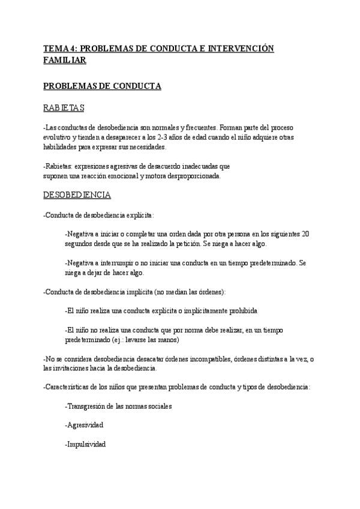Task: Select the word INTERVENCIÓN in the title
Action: point(241,49)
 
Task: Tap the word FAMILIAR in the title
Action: point(65,61)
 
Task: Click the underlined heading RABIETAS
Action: point(64,109)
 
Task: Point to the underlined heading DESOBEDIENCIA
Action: point(77,196)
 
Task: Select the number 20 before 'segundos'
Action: point(306,234)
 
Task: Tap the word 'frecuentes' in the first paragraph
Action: point(197,128)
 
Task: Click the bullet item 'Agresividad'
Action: point(84,425)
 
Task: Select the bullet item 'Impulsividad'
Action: point(85,444)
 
